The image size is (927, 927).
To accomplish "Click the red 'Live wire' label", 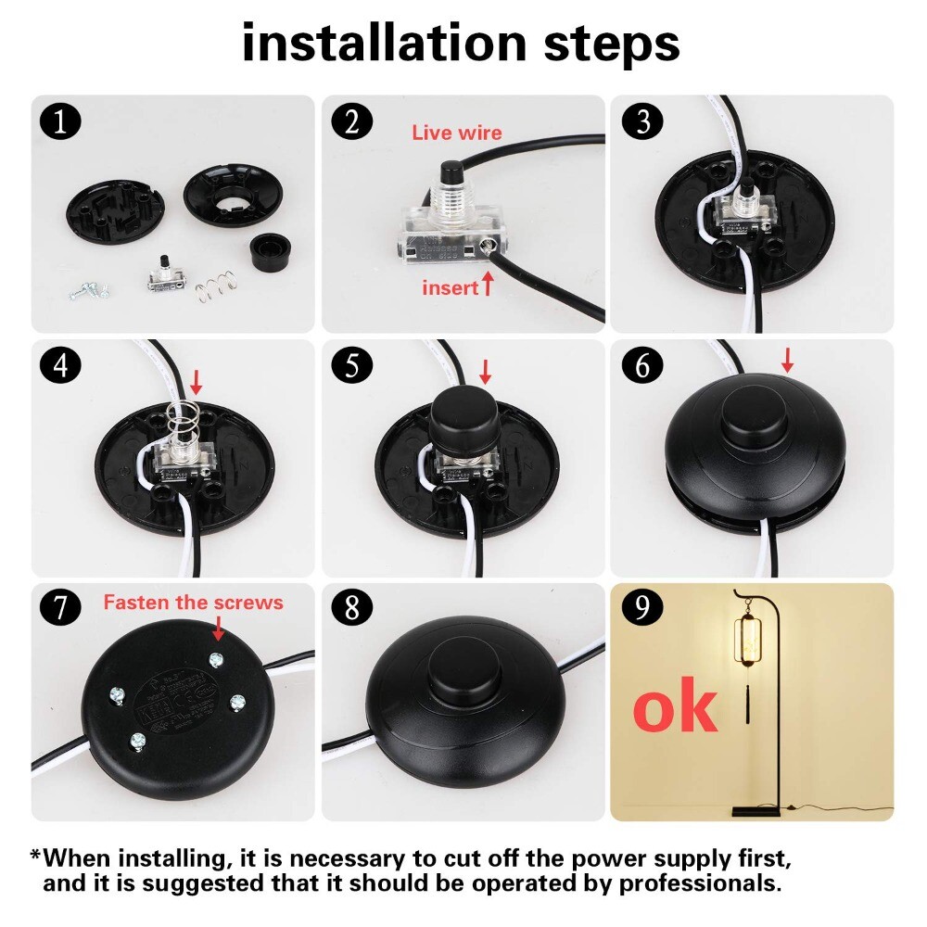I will [x=456, y=133].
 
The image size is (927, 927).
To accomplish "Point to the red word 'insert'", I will [x=450, y=287].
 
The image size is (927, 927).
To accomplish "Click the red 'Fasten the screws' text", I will [x=193, y=603].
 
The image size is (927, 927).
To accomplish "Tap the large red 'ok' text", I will [x=675, y=709].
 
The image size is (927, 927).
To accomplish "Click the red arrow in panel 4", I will [x=196, y=380].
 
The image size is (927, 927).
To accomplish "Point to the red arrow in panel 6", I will [x=787, y=360].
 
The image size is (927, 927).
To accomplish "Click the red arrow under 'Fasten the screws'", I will [x=218, y=630].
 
